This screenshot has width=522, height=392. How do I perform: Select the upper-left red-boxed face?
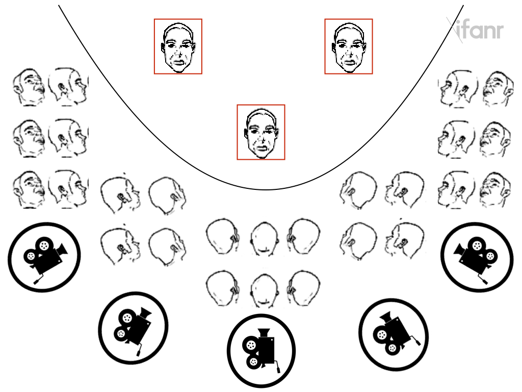(178, 46)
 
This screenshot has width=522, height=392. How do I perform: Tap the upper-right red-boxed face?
(349, 46)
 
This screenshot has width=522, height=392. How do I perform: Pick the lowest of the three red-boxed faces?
(261, 132)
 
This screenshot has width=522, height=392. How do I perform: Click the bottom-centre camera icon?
(261, 351)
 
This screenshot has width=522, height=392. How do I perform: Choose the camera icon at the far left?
(44, 257)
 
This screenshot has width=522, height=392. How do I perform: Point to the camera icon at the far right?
(477, 257)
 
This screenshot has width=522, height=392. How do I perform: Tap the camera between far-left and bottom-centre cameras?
(133, 328)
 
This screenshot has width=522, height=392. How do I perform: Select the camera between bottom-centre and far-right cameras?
(394, 334)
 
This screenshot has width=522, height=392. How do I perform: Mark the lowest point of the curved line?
(266, 190)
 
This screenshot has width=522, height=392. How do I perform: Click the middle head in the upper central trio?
(264, 238)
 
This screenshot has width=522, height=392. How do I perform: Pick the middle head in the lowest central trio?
(265, 290)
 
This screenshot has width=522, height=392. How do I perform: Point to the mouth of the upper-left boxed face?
(178, 62)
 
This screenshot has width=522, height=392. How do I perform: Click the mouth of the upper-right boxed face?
(349, 62)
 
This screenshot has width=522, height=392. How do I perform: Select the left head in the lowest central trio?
(222, 288)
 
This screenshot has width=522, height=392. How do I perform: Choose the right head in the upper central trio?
(304, 236)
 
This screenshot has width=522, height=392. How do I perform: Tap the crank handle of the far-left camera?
(38, 279)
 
